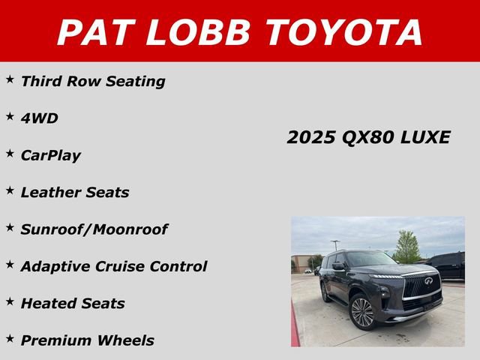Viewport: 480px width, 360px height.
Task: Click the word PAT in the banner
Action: coord(95,32)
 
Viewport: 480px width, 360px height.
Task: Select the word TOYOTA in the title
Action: coord(344,32)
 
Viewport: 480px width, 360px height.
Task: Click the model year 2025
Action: coord(311,137)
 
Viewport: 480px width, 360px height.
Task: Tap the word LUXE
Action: coord(424,137)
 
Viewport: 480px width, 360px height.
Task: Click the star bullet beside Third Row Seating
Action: coord(10,79)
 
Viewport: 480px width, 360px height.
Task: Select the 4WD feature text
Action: coord(39,118)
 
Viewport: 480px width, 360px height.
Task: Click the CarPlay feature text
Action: coord(50,156)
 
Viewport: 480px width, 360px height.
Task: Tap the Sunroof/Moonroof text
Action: coord(94,229)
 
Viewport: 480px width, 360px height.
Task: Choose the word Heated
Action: coord(48,303)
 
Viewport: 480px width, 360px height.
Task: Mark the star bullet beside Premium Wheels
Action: coord(10,338)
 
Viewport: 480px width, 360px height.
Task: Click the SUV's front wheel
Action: coord(363,312)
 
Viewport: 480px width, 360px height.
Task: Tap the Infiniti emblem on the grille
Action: coord(428,282)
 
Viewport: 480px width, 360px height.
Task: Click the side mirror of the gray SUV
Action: coord(338,265)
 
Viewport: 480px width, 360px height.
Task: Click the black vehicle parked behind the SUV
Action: coord(450,265)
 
